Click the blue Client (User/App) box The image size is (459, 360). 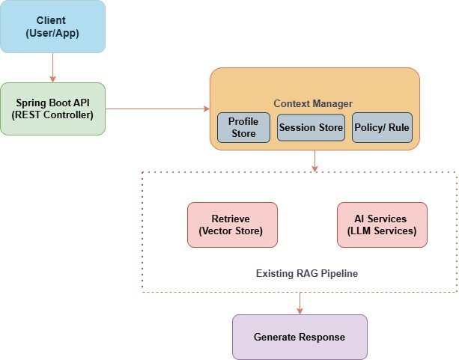tap(52, 27)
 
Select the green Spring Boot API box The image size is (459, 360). tap(52, 109)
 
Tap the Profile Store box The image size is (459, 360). tap(243, 128)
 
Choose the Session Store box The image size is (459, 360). tap(311, 128)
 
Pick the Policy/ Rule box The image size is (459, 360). tap(382, 128)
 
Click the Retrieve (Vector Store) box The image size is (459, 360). tap(232, 225)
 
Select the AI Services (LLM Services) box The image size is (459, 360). tap(382, 225)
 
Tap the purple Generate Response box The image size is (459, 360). tap(300, 337)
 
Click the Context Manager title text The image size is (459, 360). tap(313, 103)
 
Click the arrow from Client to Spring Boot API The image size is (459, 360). tap(52, 67)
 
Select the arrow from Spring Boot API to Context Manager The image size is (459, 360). tap(157, 109)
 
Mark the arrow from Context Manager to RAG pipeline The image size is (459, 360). tap(314, 161)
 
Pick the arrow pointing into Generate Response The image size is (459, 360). tap(300, 302)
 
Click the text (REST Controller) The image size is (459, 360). tap(52, 115)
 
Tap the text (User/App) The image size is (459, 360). tap(52, 34)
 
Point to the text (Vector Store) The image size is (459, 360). tap(232, 231)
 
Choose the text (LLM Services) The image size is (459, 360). tap(382, 231)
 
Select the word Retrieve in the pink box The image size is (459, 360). tap(232, 219)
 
